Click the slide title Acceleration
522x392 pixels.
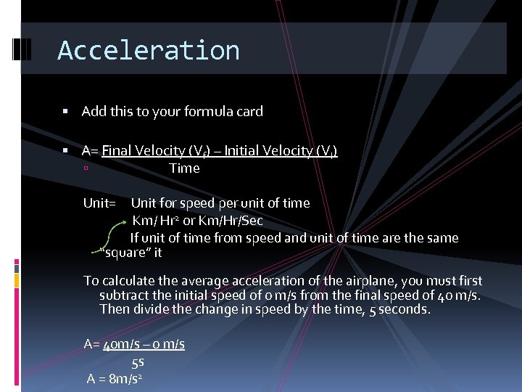[149, 50]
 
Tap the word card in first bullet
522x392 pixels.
[249, 112]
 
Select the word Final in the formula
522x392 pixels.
[117, 151]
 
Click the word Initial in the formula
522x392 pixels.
[246, 151]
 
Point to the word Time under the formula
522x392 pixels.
[184, 168]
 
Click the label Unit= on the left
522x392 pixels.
[99, 203]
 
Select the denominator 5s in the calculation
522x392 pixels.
[138, 362]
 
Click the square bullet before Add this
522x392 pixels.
[65, 112]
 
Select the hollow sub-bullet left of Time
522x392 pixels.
[86, 169]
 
